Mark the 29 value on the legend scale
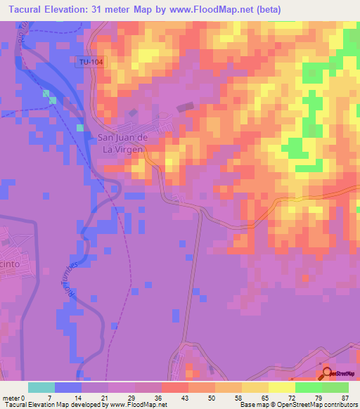131,397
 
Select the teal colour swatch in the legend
41,387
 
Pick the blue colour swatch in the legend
68,387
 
